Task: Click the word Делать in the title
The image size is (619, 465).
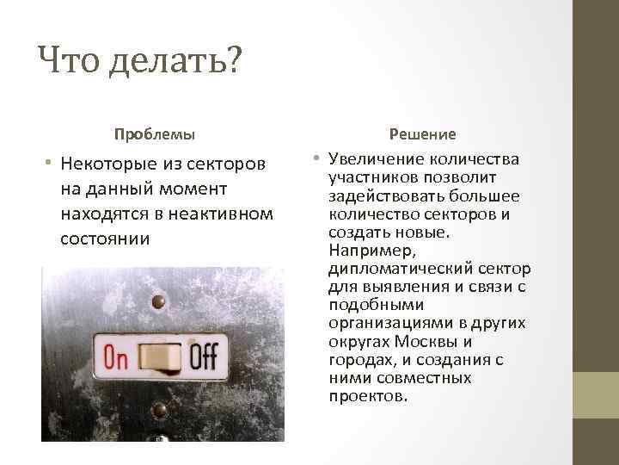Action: coord(163,61)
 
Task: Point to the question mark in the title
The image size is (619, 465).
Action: coord(233,61)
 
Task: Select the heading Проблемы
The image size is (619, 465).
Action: coord(155,134)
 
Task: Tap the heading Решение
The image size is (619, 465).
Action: coord(422,134)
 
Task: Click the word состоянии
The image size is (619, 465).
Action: coord(105,238)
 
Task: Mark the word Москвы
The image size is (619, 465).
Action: coord(432,341)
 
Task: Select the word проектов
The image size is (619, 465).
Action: coord(367,396)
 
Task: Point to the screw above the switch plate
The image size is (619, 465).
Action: coord(157,301)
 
